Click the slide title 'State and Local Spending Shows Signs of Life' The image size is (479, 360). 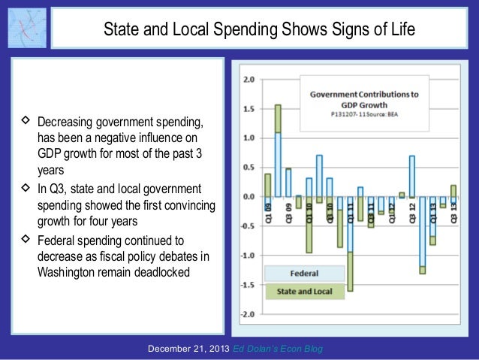(x=259, y=30)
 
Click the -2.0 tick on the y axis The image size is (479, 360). (x=247, y=314)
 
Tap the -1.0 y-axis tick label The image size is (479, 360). (x=247, y=256)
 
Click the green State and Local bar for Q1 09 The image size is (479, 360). (x=267, y=185)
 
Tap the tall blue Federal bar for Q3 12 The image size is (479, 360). (x=412, y=176)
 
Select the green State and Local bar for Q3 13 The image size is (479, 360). (x=453, y=191)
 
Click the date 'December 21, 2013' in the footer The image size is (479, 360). (x=188, y=349)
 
